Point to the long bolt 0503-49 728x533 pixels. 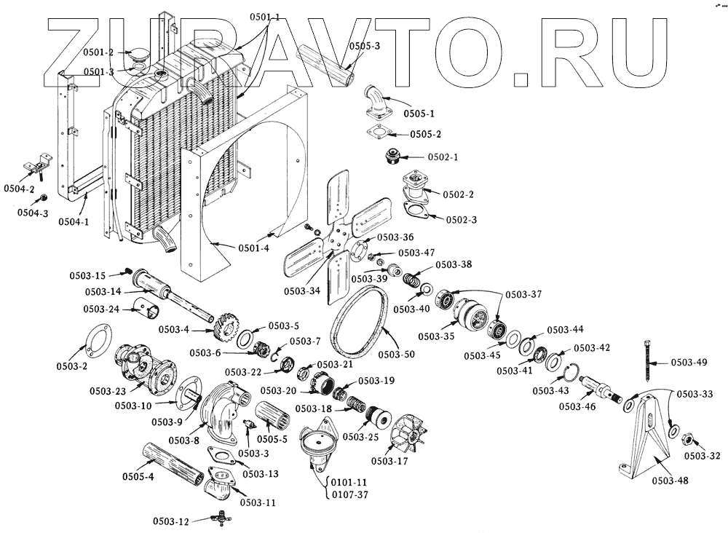tap(646, 362)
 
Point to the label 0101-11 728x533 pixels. tap(349, 482)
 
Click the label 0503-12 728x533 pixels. tap(171, 521)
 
